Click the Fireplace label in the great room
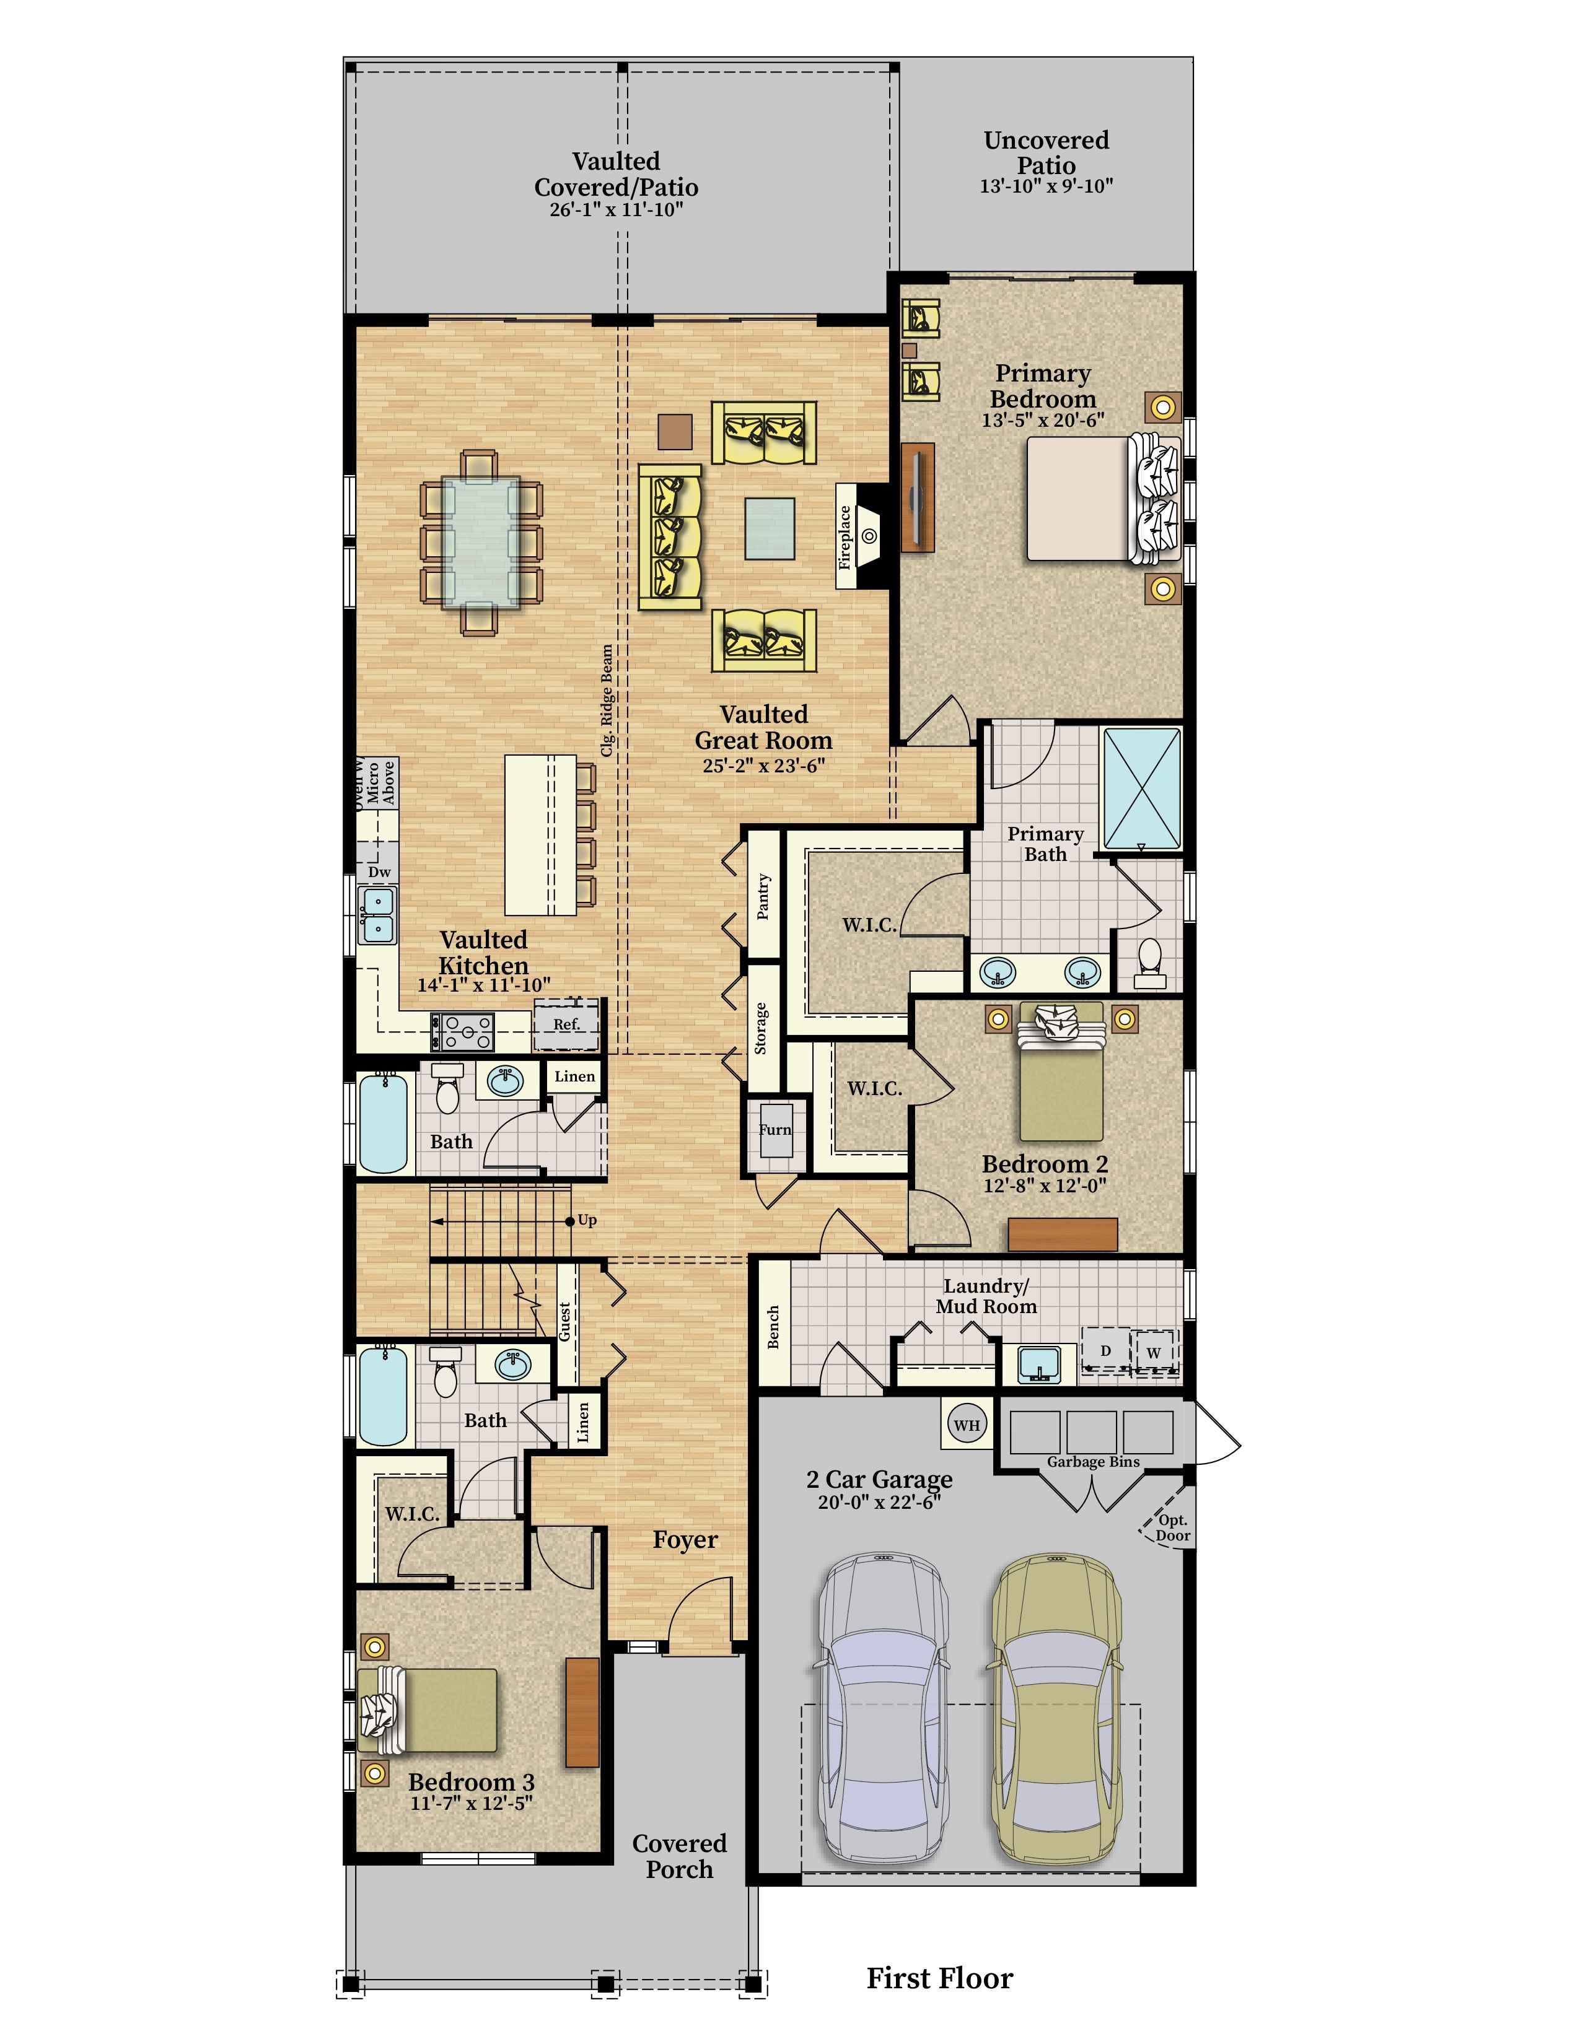[845, 536]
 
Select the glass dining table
[480, 542]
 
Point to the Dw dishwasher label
[379, 872]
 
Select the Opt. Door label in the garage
[1172, 1527]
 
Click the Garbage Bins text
[1093, 1462]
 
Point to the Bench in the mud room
[773, 1327]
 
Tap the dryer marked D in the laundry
[1105, 1352]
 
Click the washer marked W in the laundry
[1154, 1352]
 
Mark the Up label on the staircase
[587, 1220]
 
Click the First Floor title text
[940, 1978]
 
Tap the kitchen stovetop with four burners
[462, 1031]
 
